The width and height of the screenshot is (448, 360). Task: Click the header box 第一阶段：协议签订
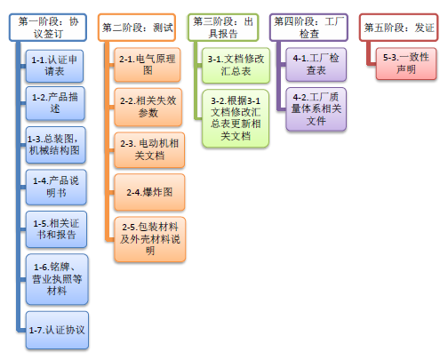[48, 28]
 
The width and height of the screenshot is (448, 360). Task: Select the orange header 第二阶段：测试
[137, 28]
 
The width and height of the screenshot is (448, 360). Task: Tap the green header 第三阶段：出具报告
[223, 28]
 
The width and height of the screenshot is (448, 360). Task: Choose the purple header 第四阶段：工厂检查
[308, 28]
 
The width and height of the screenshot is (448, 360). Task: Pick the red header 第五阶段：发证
[399, 28]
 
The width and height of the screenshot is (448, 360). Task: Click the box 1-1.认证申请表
[54, 66]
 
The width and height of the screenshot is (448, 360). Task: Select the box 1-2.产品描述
[55, 103]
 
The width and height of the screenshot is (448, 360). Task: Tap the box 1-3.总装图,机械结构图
[56, 145]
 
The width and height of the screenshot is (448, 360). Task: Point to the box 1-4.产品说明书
[56, 187]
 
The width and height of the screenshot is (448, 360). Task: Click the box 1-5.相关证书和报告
[56, 229]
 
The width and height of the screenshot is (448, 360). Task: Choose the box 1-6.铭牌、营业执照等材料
[57, 279]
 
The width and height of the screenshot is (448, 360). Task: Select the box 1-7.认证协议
[57, 330]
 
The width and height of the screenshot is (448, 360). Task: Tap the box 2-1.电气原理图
[148, 65]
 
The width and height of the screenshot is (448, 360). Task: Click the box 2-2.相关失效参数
[148, 107]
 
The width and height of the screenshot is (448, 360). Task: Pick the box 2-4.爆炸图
[149, 192]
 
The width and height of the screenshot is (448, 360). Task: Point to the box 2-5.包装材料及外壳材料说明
[150, 239]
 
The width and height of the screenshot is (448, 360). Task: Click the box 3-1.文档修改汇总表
[236, 65]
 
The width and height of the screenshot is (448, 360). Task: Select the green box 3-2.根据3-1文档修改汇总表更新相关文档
[236, 118]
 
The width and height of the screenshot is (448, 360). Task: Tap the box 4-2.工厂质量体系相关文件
[316, 108]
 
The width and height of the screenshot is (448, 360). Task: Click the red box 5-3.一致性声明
[406, 63]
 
